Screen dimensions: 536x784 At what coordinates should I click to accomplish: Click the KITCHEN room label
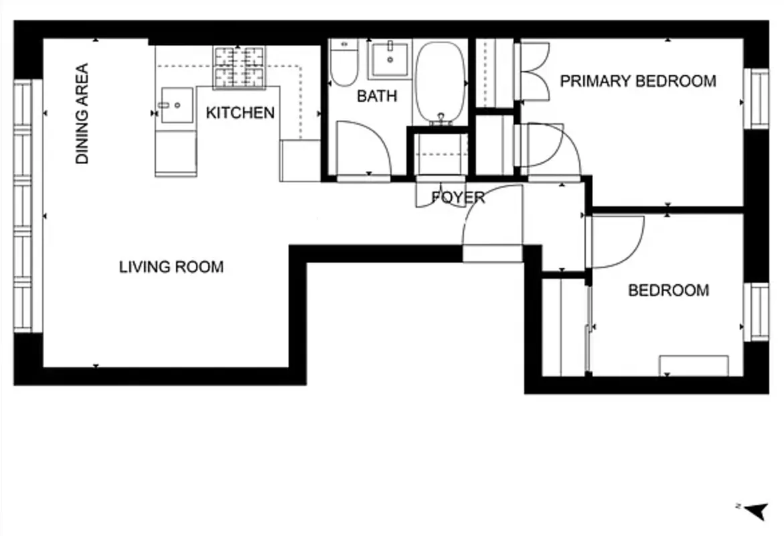[240, 113]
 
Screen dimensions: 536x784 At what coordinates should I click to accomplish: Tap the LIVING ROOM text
[171, 267]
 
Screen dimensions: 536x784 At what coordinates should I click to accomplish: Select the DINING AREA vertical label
[82, 114]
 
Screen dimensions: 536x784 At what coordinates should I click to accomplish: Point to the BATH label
[376, 96]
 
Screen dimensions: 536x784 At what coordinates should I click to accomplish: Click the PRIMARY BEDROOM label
[637, 81]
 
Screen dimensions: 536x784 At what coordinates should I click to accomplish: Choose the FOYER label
[458, 198]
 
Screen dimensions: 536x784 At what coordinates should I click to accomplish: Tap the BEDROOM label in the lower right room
[668, 290]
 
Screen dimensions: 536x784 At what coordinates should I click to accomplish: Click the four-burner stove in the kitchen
[239, 67]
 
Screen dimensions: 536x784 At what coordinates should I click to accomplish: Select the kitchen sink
[175, 105]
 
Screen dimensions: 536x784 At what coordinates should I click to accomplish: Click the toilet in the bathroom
[344, 64]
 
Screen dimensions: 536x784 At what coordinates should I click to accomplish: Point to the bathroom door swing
[362, 149]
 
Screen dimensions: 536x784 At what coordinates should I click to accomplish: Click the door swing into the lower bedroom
[616, 241]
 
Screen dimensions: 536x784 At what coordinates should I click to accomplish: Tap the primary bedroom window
[759, 98]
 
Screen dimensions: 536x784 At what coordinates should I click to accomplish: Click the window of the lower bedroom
[759, 312]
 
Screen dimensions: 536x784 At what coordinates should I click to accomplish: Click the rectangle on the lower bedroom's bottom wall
[694, 366]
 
